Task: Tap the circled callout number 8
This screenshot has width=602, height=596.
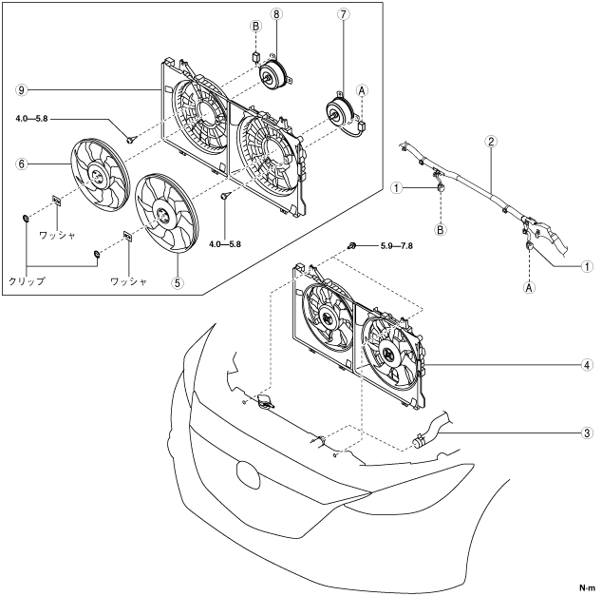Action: click(x=275, y=15)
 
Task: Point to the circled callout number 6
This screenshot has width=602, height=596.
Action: click(x=20, y=163)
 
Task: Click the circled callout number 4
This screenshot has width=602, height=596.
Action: click(x=589, y=364)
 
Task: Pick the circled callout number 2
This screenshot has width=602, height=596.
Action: click(x=490, y=143)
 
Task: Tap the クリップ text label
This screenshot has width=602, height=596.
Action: click(x=26, y=282)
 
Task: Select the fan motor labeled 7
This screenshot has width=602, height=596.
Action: click(x=337, y=114)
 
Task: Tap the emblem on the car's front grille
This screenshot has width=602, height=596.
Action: click(x=246, y=474)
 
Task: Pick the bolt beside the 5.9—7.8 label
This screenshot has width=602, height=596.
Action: click(x=352, y=246)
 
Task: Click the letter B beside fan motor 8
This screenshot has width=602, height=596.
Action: click(x=254, y=29)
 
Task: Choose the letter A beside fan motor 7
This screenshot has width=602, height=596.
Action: click(x=363, y=89)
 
